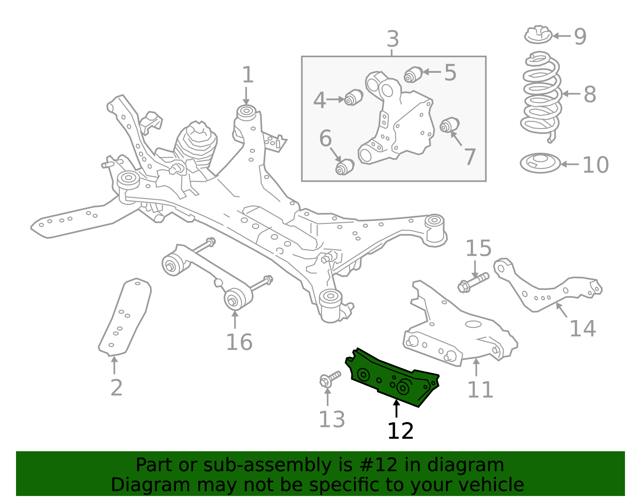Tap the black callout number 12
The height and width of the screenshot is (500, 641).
pyautogui.click(x=400, y=431)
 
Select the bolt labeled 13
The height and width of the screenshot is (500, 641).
pyautogui.click(x=329, y=378)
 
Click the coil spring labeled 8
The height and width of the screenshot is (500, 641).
pyautogui.click(x=541, y=96)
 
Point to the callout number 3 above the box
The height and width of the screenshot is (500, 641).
pyautogui.click(x=393, y=40)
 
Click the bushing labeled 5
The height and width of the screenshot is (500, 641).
pyautogui.click(x=413, y=74)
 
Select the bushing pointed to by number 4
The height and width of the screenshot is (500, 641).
pyautogui.click(x=353, y=97)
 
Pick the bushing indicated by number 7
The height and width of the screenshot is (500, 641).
pyautogui.click(x=450, y=125)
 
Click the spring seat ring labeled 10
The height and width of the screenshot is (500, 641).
pyautogui.click(x=540, y=163)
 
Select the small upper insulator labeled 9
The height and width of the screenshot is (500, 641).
pyautogui.click(x=538, y=35)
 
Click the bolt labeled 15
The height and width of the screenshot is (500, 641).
pyautogui.click(x=473, y=282)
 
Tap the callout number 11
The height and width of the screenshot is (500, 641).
pyautogui.click(x=480, y=390)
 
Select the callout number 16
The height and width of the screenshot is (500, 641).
pyautogui.click(x=239, y=342)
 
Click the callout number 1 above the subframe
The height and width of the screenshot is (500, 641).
pyautogui.click(x=248, y=75)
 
